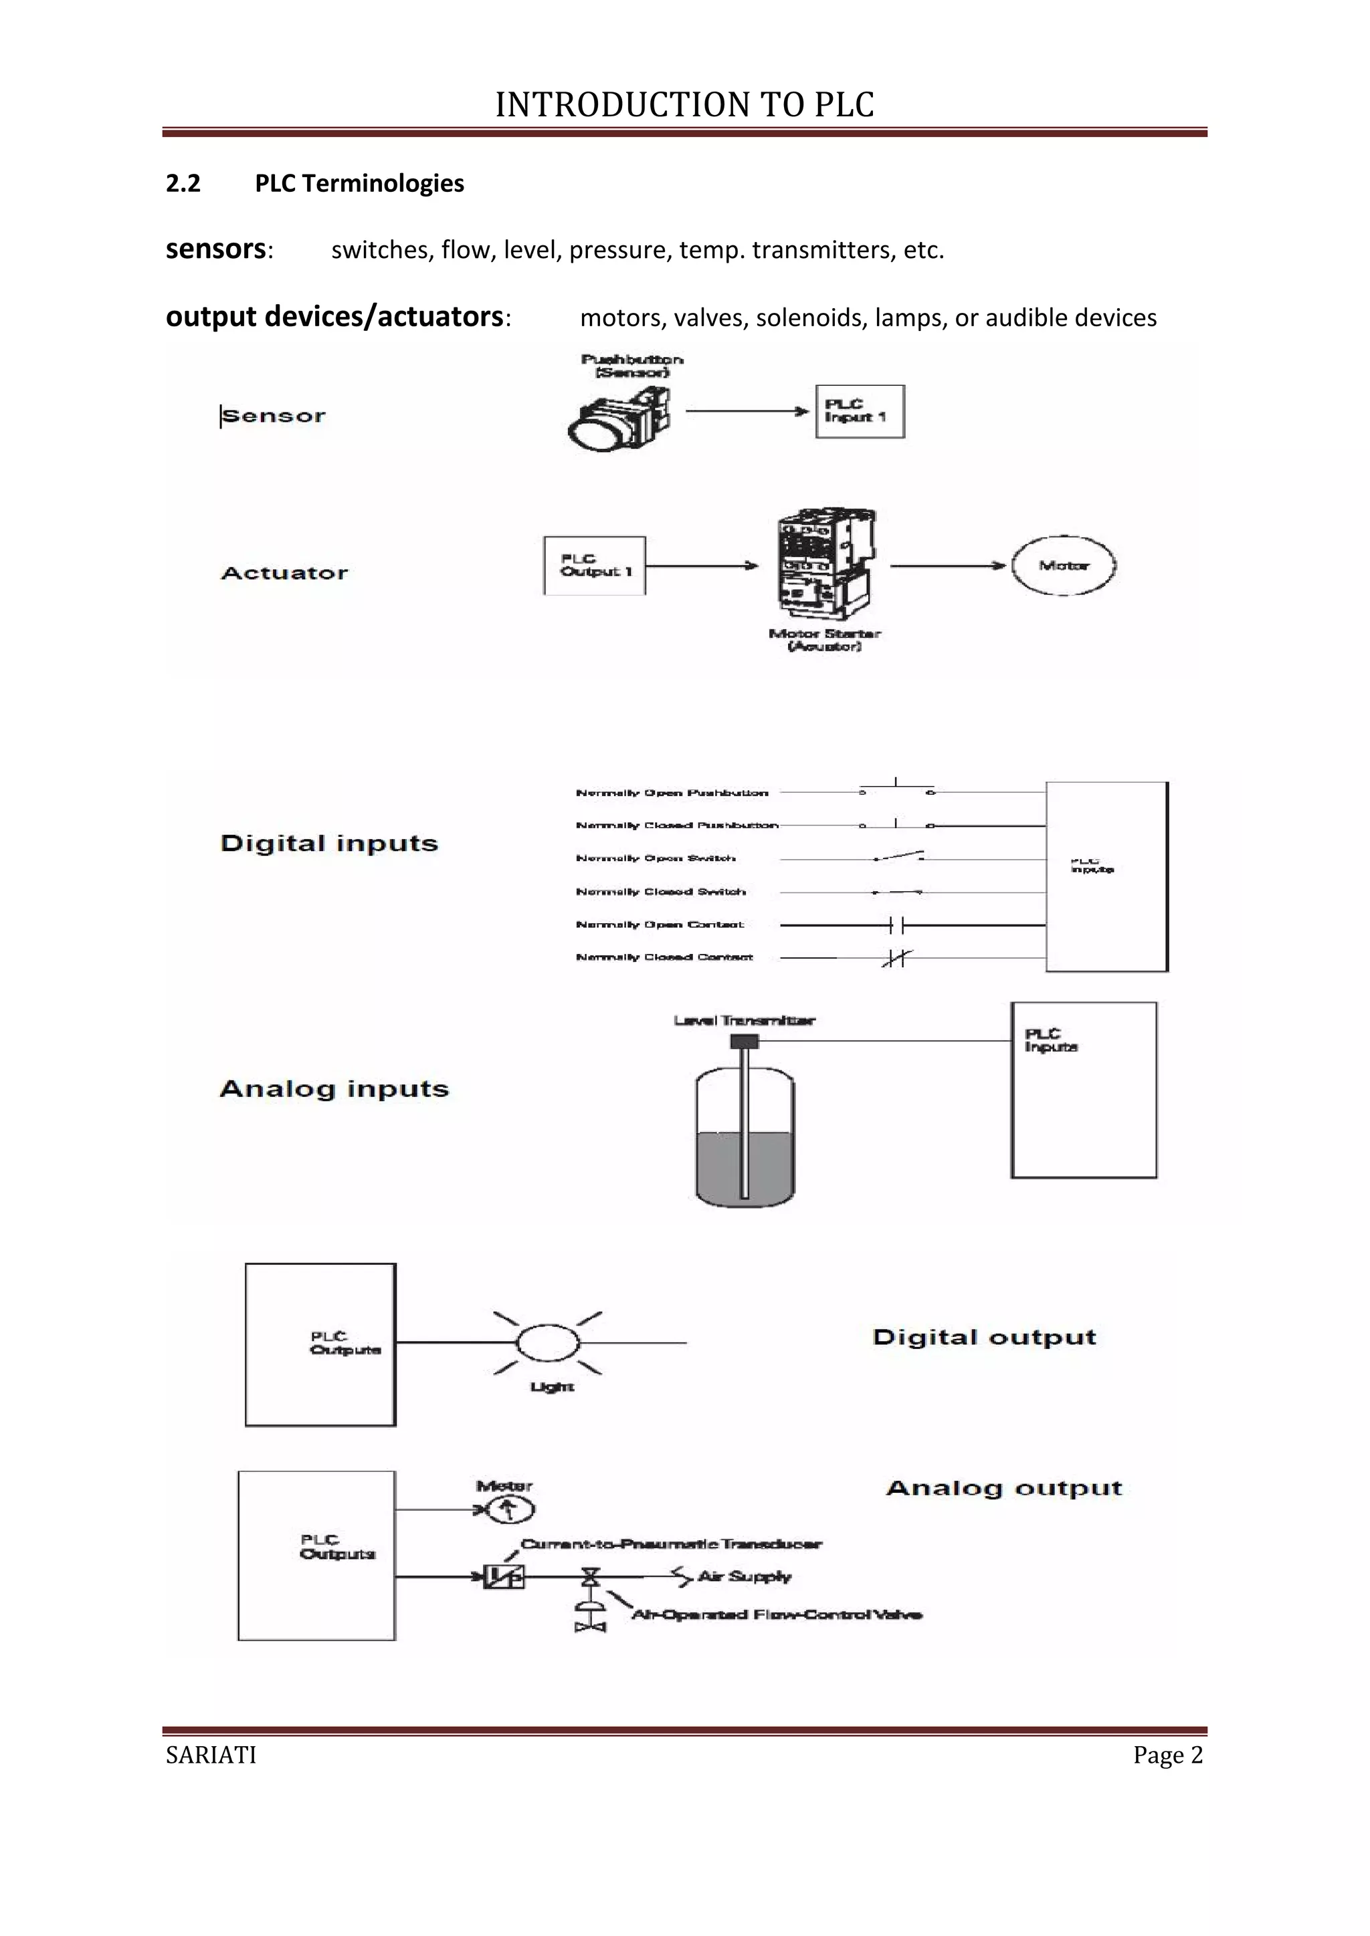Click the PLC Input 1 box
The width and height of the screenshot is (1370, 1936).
click(860, 412)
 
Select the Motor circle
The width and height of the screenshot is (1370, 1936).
click(1063, 566)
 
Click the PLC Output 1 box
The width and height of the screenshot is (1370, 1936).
click(595, 566)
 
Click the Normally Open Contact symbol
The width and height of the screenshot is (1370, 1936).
click(896, 926)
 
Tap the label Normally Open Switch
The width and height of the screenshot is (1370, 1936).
click(656, 858)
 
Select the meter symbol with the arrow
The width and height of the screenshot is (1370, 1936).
click(507, 1509)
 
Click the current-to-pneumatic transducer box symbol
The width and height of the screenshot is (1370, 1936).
click(504, 1576)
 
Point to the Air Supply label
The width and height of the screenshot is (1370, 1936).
click(744, 1576)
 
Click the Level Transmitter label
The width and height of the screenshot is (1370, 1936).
click(744, 1020)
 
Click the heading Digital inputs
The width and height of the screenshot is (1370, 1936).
click(329, 843)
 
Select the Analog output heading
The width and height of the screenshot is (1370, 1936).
click(1004, 1488)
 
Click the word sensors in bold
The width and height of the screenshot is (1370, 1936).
click(216, 249)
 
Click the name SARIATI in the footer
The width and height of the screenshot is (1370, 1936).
click(211, 1755)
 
